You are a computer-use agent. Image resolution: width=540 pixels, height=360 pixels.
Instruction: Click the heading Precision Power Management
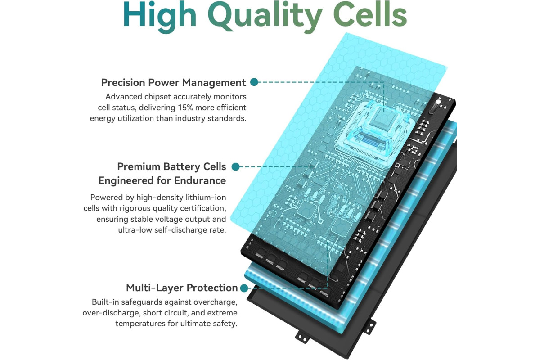[x=173, y=82]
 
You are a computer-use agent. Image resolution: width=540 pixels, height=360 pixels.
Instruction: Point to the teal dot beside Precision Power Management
[x=254, y=82]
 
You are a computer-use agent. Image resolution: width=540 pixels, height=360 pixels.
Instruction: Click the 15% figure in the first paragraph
[x=185, y=108]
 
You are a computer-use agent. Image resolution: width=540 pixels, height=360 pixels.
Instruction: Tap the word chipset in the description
[x=157, y=97]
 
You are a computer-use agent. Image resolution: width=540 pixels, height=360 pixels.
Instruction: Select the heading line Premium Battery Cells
[x=171, y=166]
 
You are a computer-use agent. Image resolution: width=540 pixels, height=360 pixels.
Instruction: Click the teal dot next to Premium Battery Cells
[x=235, y=166]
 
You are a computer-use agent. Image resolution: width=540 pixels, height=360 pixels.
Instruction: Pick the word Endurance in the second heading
[x=200, y=180]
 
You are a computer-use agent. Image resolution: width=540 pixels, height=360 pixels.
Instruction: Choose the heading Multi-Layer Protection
[x=182, y=288]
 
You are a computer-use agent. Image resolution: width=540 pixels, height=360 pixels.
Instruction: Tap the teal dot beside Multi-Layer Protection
[x=244, y=288]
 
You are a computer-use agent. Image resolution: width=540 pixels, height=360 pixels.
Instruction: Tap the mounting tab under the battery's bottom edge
[x=302, y=337]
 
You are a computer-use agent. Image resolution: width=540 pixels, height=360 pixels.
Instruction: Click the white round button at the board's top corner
[x=438, y=103]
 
